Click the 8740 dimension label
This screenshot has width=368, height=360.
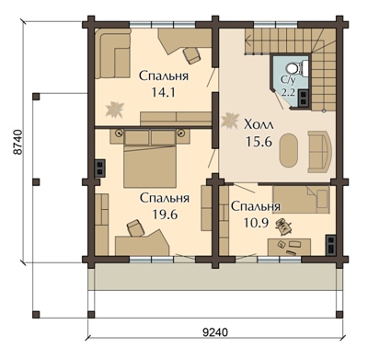pyautogui.click(x=19, y=143)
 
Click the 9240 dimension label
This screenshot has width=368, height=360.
pyautogui.click(x=215, y=332)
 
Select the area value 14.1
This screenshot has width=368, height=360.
pyautogui.click(x=163, y=92)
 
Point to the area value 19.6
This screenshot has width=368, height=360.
pyautogui.click(x=165, y=215)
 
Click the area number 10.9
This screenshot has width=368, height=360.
pyautogui.click(x=256, y=223)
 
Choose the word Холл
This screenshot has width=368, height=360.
pyautogui.click(x=259, y=125)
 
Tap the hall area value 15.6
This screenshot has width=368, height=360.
pyautogui.click(x=259, y=142)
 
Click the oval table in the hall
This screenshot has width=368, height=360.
pyautogui.click(x=289, y=150)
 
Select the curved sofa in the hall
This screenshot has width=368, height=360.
pyautogui.click(x=320, y=151)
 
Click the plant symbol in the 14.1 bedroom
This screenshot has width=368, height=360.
pyautogui.click(x=115, y=110)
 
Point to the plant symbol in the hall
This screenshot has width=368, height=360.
pyautogui.click(x=230, y=121)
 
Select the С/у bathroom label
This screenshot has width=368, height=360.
pyautogui.click(x=288, y=80)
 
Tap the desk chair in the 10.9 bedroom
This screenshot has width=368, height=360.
pyautogui.click(x=283, y=226)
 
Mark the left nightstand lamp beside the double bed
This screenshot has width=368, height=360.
pyautogui.click(x=119, y=133)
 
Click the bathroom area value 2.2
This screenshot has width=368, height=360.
pyautogui.click(x=288, y=92)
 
